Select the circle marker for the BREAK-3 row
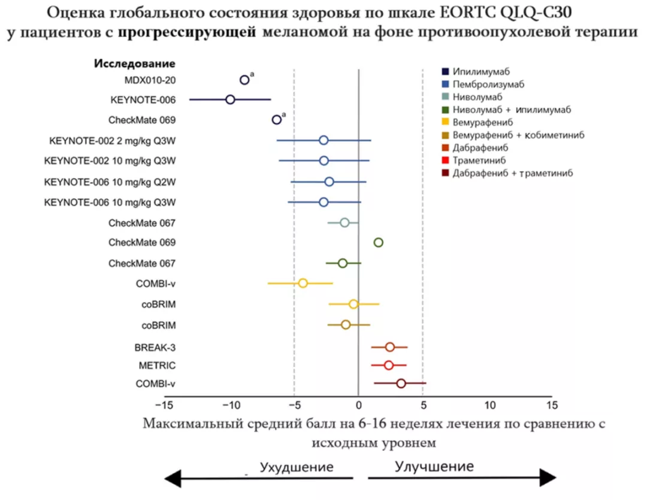pos(389,347)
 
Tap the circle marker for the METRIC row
pos(388,365)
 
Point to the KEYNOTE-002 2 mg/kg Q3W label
pos(113,141)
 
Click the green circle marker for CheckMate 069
pos(378,242)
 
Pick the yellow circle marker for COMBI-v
pos(303,283)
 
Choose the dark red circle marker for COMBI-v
pos(401,384)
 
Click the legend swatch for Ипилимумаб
pos(445,71)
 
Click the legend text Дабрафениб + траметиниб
pos(513,173)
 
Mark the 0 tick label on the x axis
pos(358,404)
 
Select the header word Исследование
pos(134,64)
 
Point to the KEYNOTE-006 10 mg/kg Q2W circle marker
pos(329,182)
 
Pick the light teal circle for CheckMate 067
pos(344,222)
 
